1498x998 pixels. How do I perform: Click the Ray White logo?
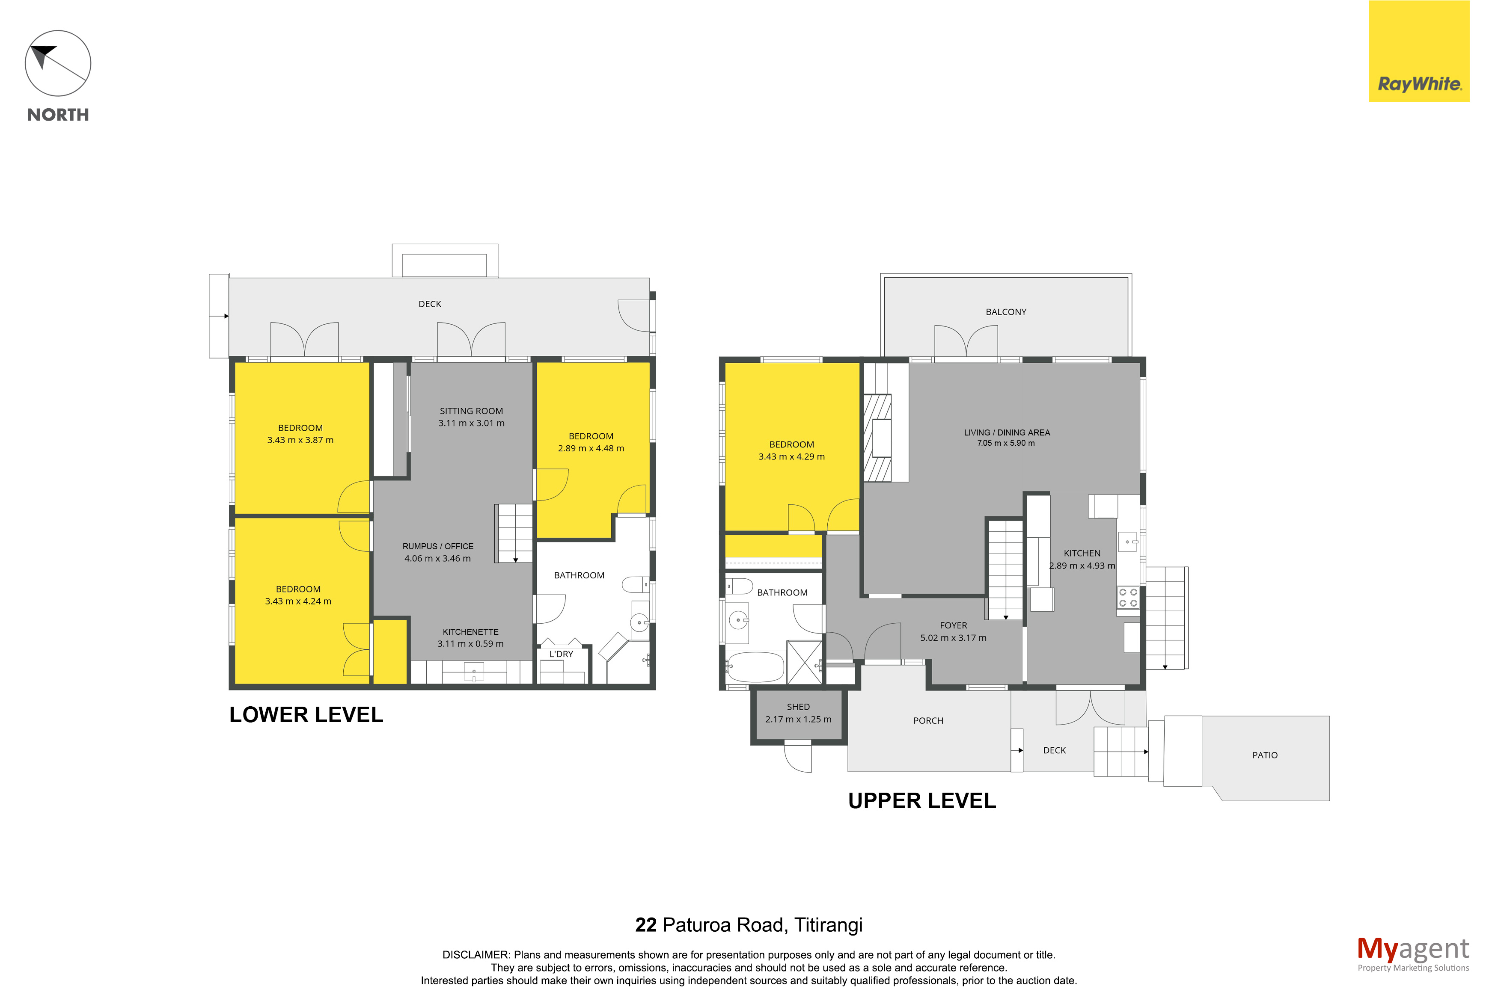click(1418, 51)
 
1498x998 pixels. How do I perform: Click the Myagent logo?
click(1413, 954)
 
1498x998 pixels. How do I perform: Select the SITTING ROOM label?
click(471, 411)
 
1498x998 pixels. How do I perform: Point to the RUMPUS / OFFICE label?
click(438, 546)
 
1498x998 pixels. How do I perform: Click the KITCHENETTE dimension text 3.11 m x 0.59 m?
click(470, 643)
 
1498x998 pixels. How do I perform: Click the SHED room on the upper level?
click(798, 717)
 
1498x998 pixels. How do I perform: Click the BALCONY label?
click(1006, 312)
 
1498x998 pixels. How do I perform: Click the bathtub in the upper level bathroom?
click(755, 666)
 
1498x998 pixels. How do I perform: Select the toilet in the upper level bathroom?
click(738, 586)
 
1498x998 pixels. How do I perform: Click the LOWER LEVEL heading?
click(306, 715)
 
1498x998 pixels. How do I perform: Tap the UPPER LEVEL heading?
click(922, 801)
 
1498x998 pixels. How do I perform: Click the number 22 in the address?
click(645, 925)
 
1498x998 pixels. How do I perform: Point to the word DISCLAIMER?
click(476, 955)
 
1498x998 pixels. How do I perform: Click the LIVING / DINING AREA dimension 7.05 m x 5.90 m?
click(1006, 443)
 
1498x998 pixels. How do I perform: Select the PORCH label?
click(928, 720)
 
